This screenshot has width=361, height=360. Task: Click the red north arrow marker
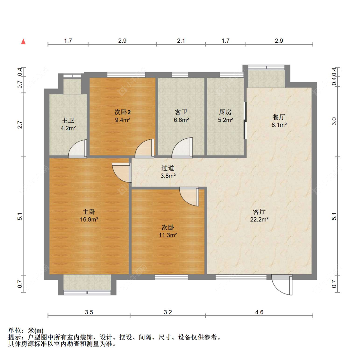23,41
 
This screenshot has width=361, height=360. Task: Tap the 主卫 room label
68,120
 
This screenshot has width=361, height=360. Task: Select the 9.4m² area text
123,120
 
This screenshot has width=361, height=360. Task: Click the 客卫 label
181,112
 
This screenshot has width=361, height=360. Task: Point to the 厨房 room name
225,112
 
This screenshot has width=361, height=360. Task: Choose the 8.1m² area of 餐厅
279,125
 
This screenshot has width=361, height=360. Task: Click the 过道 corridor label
168,168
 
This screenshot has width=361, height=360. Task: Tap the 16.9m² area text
89,220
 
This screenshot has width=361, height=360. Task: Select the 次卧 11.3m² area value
168,235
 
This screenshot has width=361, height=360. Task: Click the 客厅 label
259,212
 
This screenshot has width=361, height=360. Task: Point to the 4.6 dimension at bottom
259,312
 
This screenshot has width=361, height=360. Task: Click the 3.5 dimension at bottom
89,312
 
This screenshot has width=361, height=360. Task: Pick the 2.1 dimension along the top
181,41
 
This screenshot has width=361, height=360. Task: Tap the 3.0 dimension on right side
334,121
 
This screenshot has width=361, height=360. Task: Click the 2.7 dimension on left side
20,125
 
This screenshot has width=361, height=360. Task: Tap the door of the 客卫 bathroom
183,148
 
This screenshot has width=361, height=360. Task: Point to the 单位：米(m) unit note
26,330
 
